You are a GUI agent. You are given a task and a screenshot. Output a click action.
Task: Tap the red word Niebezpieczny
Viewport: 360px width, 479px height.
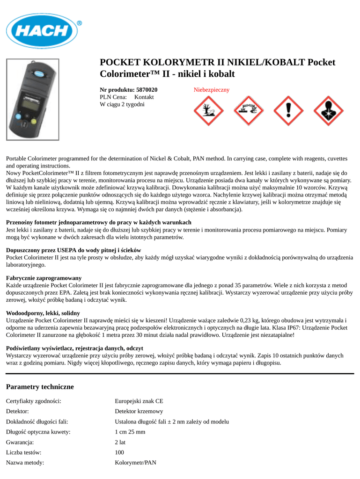point(212,89)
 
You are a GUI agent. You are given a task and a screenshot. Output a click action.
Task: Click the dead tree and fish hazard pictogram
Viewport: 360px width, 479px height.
point(207,111)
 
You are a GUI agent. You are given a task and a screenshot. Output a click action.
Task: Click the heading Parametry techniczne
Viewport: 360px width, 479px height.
point(40,387)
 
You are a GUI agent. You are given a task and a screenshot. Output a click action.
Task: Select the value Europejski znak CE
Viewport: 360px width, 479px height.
point(139,401)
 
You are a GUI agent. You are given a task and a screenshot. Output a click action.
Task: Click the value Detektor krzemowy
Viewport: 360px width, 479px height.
point(139,411)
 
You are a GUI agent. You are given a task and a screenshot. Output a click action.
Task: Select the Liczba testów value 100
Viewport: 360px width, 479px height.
point(120,452)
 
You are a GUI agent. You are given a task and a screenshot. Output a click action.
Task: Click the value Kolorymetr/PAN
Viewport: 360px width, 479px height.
point(136,463)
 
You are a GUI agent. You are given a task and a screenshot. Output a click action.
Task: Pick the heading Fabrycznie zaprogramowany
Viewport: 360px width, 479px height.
point(44,278)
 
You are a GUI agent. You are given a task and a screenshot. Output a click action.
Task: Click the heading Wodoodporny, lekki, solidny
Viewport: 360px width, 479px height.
point(43,313)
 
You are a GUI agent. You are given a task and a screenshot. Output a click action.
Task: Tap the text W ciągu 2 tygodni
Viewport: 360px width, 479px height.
point(122,104)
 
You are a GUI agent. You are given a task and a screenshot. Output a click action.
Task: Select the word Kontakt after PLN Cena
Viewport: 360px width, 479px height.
point(144,97)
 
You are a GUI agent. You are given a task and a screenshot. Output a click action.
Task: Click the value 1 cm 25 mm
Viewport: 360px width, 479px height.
point(130,432)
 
